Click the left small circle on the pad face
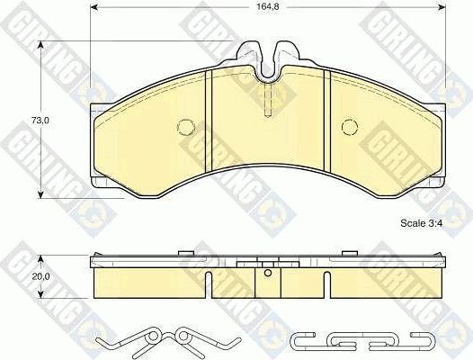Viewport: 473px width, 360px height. coord(187,126)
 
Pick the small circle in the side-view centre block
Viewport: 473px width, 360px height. coord(268,272)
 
